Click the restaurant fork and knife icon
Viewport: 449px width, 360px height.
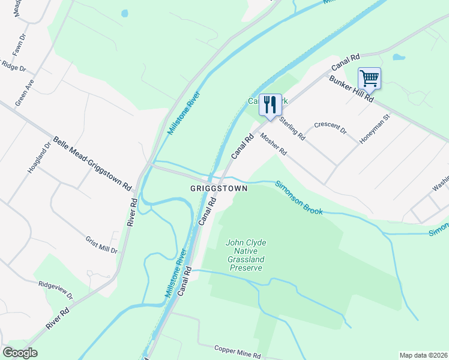(x=270, y=105)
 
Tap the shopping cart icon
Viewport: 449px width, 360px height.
(x=369, y=78)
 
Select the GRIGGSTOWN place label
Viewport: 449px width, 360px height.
(x=218, y=188)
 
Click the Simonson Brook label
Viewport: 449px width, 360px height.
(x=299, y=197)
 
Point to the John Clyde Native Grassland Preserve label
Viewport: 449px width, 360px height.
(x=246, y=255)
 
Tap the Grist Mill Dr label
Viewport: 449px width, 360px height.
(x=101, y=244)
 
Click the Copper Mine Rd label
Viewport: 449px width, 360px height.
(x=238, y=352)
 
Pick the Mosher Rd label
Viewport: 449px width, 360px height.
(x=274, y=144)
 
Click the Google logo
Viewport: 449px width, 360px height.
(x=20, y=353)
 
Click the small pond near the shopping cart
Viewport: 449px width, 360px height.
(x=399, y=58)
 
